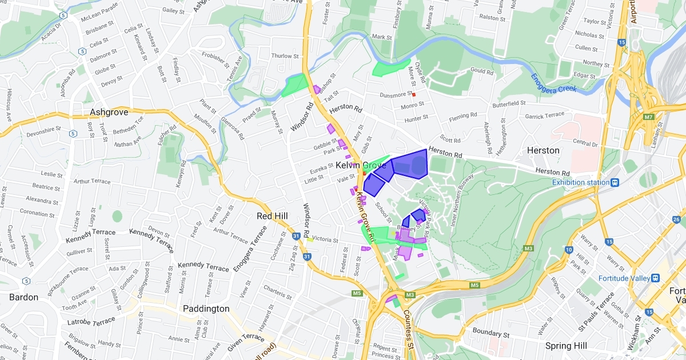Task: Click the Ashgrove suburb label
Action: point(109,112)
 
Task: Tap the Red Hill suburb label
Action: point(272,216)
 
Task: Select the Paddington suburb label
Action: point(206,309)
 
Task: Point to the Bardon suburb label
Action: point(24,297)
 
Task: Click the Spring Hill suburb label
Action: point(567,346)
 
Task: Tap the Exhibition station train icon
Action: point(615,182)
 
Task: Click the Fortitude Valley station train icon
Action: point(655,278)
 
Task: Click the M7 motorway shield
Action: point(648,117)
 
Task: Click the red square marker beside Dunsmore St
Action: point(414,94)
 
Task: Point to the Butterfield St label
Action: point(509,103)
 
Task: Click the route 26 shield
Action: point(676,219)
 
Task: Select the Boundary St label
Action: point(490,333)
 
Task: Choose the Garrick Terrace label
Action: point(545,115)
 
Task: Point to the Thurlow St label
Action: point(285,56)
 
